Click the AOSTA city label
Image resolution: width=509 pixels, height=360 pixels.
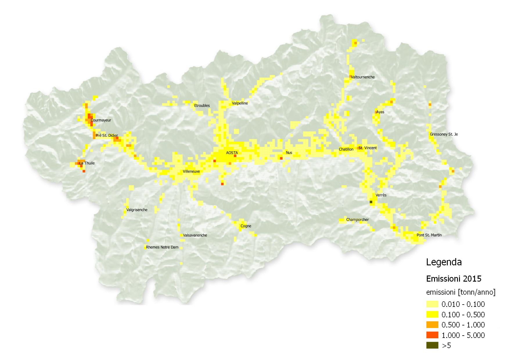pyautogui.click(x=232, y=153)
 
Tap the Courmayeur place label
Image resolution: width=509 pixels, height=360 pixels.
pyautogui.click(x=101, y=120)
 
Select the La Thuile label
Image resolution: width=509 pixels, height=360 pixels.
pyautogui.click(x=87, y=163)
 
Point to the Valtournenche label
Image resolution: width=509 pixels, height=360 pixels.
pyautogui.click(x=363, y=77)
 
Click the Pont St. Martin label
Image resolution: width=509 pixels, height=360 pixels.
pyautogui.click(x=429, y=235)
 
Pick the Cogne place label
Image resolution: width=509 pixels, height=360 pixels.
pyautogui.click(x=246, y=226)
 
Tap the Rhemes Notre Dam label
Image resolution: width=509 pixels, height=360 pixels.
pyautogui.click(x=162, y=247)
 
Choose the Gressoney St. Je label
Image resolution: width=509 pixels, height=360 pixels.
pyautogui.click(x=444, y=134)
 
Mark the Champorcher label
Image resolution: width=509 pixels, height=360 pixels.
pyautogui.click(x=357, y=220)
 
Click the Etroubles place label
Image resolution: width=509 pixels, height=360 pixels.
pyautogui.click(x=202, y=106)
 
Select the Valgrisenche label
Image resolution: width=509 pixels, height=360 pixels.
pyautogui.click(x=137, y=210)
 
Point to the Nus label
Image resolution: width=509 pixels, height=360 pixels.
pyautogui.click(x=289, y=153)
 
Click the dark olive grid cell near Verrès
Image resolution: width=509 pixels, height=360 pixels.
pyautogui.click(x=371, y=202)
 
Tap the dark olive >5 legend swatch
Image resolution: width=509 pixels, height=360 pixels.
pyautogui.click(x=432, y=345)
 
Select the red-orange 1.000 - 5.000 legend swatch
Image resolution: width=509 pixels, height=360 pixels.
pyautogui.click(x=432, y=335)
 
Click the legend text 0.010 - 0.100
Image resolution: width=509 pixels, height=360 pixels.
pyautogui.click(x=463, y=304)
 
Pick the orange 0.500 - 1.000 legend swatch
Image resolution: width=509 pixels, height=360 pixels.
pyautogui.click(x=432, y=325)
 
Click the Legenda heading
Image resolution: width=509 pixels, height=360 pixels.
pyautogui.click(x=444, y=262)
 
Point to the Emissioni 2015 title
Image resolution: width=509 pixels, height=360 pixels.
pyautogui.click(x=454, y=279)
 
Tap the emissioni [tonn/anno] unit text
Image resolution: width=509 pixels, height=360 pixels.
pyautogui.click(x=461, y=292)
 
